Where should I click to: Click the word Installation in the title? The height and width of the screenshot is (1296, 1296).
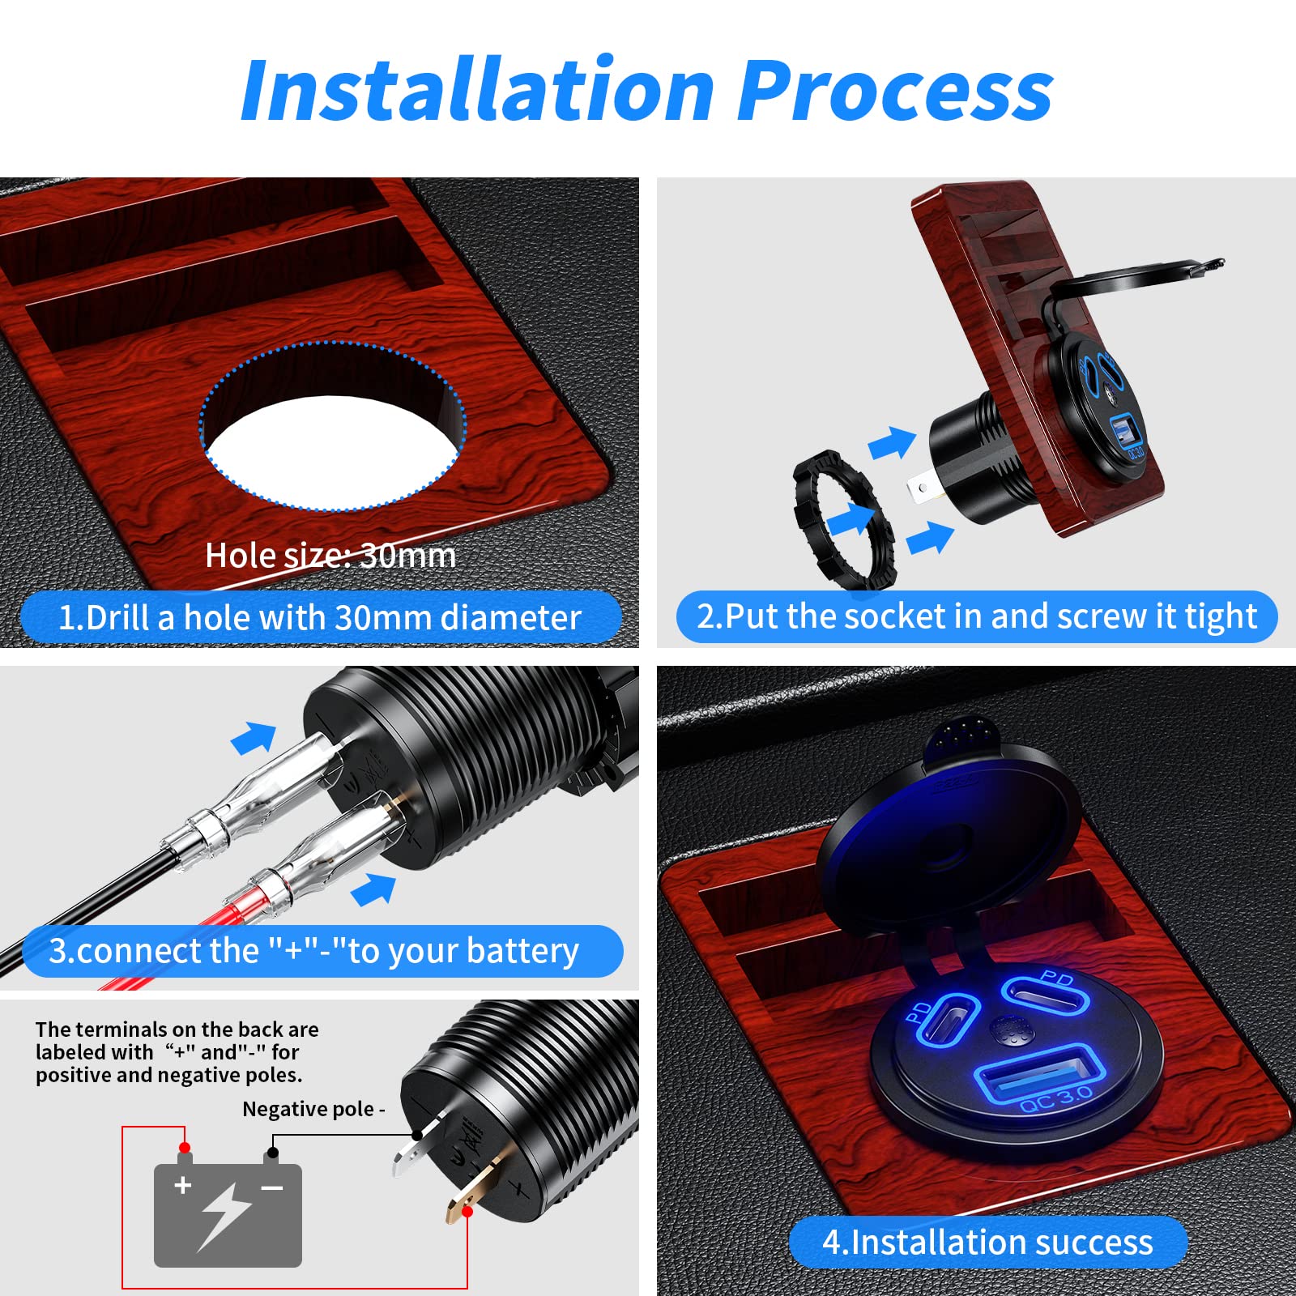[478, 91]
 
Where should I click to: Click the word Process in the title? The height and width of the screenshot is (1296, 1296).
[895, 91]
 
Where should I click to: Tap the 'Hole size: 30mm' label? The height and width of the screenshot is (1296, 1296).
[330, 556]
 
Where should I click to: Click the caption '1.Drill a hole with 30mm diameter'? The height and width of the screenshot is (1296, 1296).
[320, 617]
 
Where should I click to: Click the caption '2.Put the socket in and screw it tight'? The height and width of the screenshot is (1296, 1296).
[976, 616]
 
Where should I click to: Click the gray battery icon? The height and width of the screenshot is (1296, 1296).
[228, 1215]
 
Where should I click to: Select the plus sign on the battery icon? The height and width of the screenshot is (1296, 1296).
[183, 1185]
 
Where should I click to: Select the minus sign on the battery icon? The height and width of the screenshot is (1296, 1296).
[272, 1188]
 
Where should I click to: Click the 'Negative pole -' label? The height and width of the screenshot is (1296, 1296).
[313, 1109]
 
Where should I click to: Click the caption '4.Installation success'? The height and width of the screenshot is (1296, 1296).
[987, 1243]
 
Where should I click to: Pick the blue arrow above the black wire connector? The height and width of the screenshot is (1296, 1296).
[254, 737]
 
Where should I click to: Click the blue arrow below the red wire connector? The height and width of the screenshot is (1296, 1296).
[374, 889]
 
